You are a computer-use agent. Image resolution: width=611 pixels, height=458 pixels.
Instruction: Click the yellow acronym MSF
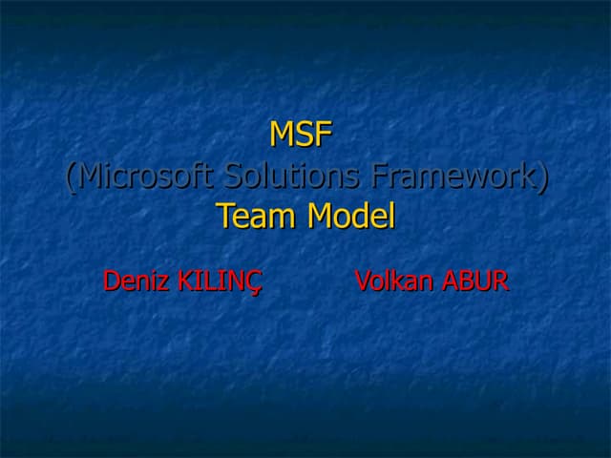click(x=301, y=135)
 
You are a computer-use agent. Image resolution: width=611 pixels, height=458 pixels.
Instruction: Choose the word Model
click(x=350, y=218)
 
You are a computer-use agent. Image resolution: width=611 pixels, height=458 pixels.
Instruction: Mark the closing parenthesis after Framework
click(x=543, y=177)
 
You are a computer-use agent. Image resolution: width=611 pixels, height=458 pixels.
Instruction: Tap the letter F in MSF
click(x=323, y=135)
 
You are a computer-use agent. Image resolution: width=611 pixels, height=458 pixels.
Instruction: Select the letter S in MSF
click(x=305, y=135)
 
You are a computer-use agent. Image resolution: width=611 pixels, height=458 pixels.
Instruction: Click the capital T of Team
click(x=225, y=218)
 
